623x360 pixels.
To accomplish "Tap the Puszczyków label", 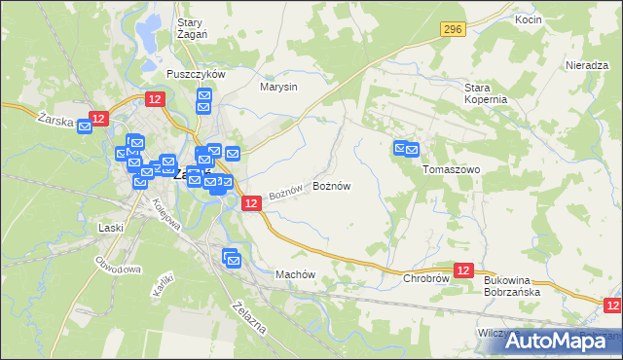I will pos(197,74).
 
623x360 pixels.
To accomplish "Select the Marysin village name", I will pos(277,87).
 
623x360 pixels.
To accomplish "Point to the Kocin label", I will pos(529,20).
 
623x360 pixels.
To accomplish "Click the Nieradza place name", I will pos(587,65).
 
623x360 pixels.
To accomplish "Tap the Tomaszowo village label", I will pos(452,168).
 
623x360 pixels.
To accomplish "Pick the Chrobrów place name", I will pos(425,278).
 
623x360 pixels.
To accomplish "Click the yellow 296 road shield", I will pos(451,31).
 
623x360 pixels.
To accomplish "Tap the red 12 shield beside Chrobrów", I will pos(463,270).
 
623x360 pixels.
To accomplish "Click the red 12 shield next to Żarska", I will pos(97,119).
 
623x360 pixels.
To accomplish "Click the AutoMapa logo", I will pos(559,340).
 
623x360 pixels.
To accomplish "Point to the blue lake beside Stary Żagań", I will pos(148,36).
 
